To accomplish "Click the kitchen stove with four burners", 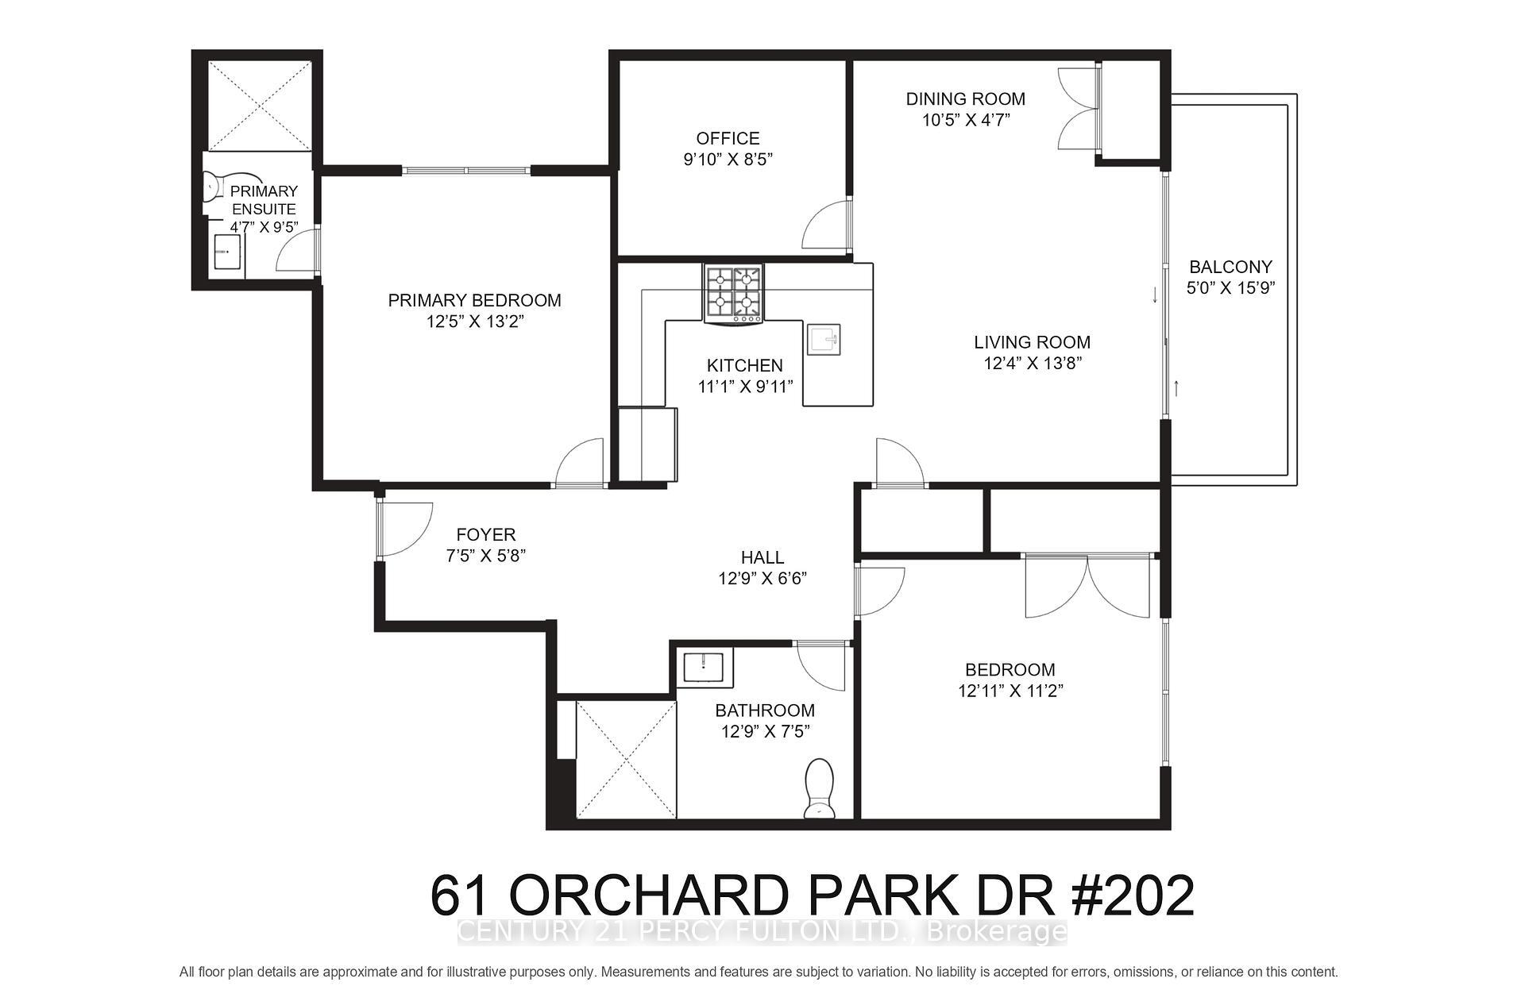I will coord(733,293).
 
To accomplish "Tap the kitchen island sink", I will coord(823,340).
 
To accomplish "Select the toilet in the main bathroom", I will coord(819,788).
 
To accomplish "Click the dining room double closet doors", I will coord(1079,109).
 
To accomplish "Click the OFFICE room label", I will coord(728,138).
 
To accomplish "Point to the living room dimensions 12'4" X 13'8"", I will coord(1032,364).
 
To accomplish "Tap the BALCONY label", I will coord(1230,267).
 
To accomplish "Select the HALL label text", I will coord(762,557).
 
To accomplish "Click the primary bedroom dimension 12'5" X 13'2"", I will coord(474,322).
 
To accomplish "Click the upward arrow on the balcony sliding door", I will coord(1176,388).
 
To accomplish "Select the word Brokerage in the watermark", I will coord(997,931).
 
